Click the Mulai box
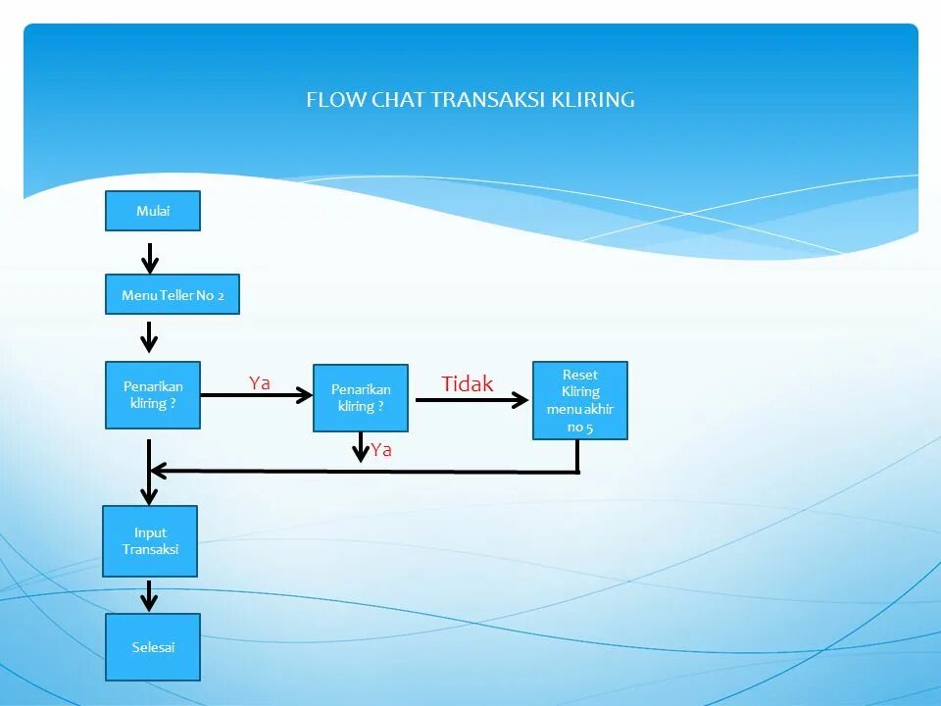pos(152,211)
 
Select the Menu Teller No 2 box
pos(173,294)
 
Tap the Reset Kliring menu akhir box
pos(579,400)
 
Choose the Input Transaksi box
pos(150,541)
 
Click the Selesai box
pos(153,647)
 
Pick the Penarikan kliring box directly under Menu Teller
pos(153,395)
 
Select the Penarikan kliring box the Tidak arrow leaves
pos(360,398)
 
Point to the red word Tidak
pos(468,384)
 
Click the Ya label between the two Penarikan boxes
pos(259,383)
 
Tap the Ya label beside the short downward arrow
pos(381,450)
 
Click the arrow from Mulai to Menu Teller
pos(149,257)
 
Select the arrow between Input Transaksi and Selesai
pos(149,595)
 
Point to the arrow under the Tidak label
pos(470,399)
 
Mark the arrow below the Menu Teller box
pos(149,335)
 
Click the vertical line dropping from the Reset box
pos(577,456)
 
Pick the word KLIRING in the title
pos(592,99)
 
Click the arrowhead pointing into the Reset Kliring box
pos(520,399)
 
